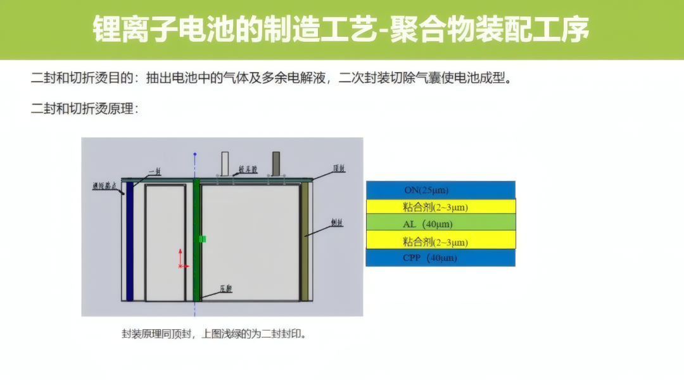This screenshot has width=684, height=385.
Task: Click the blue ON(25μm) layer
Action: [x=440, y=190]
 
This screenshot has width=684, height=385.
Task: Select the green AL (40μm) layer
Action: [x=440, y=224]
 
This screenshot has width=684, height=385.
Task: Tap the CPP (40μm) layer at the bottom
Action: [x=440, y=258]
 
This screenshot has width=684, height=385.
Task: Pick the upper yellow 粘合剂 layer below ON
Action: [x=440, y=207]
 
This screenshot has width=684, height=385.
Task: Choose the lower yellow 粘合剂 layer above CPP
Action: [x=440, y=241]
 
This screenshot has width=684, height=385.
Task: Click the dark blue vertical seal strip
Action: [x=130, y=241]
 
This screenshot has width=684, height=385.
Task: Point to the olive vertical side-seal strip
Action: [x=305, y=241]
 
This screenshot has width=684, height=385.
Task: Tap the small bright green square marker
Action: [x=202, y=239]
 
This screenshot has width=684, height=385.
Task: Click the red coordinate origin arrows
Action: [x=180, y=260]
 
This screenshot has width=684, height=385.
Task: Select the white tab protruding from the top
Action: [x=225, y=163]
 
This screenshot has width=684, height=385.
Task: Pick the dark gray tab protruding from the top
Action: [x=276, y=163]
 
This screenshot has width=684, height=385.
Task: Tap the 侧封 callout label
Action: [x=336, y=223]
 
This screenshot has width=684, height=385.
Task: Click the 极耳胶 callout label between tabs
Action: [x=248, y=170]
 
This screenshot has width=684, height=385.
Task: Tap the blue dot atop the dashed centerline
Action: [x=195, y=154]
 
